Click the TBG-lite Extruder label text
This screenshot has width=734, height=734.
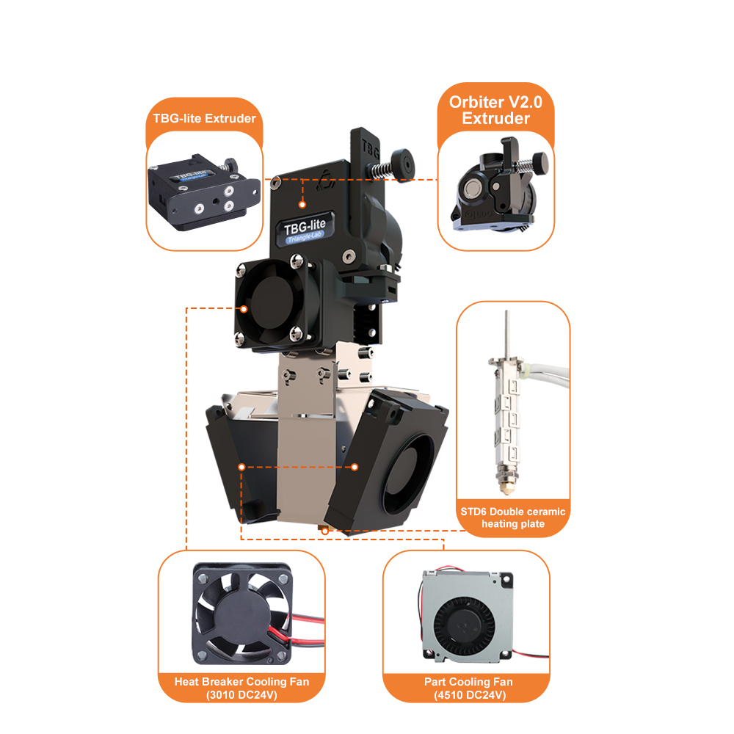pos(205,118)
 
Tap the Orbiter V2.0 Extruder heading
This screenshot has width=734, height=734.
pos(495,110)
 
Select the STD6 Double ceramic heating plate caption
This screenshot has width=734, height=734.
pos(513,517)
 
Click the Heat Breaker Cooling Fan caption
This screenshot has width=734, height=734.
pos(241,688)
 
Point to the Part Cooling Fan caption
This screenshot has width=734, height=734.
pos(468,688)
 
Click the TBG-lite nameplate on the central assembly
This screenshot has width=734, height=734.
pos(305,229)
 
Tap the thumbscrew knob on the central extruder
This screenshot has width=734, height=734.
pos(402,164)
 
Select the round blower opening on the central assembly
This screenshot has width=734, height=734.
pos(407,473)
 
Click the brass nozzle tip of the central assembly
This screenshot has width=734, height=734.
pos(325,530)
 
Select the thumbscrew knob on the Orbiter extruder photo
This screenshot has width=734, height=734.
pos(541,163)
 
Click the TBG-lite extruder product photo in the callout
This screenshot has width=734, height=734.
pos(203,192)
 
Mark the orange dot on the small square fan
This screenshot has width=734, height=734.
pos(244,309)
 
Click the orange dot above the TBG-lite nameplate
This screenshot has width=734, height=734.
pos(302,205)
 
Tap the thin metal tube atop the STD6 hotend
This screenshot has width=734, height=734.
pos(506,334)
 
